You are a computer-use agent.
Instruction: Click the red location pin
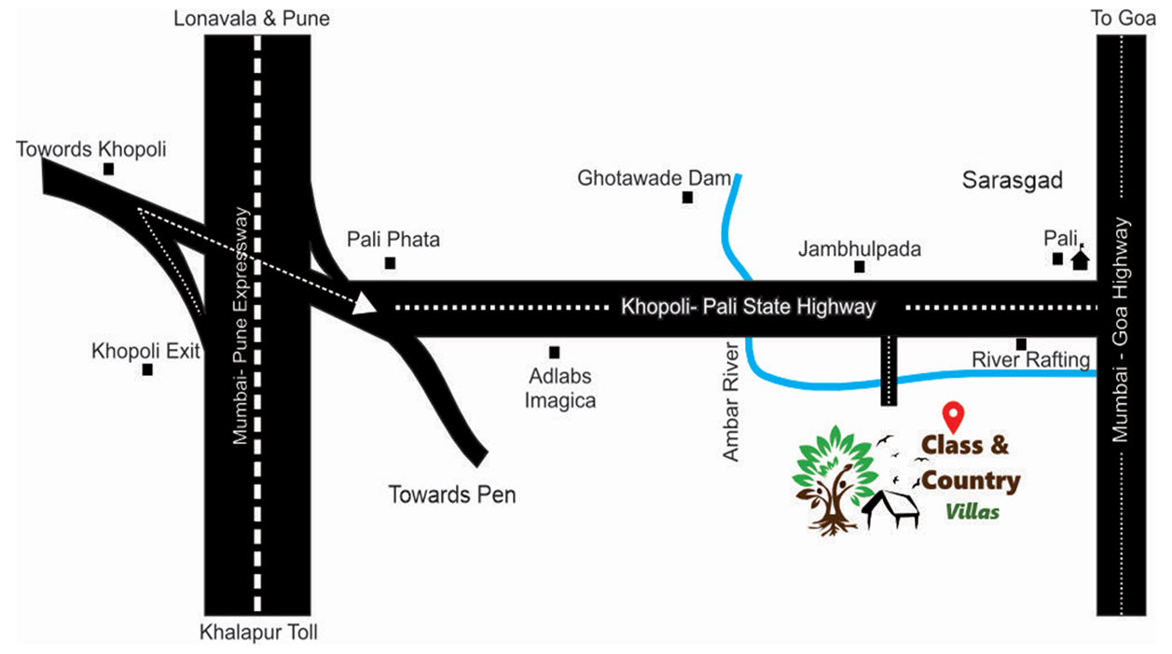click(x=952, y=414)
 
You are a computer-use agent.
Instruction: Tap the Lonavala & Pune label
click(x=252, y=19)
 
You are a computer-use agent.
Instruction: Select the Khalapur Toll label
click(x=258, y=633)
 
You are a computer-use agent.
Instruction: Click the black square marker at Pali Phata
click(x=390, y=263)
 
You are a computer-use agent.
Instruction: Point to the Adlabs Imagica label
click(x=559, y=389)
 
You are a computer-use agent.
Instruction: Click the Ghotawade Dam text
click(x=654, y=177)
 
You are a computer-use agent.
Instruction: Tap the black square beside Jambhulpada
click(x=860, y=267)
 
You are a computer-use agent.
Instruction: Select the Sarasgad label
click(x=1013, y=181)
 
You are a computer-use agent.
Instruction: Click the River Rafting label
click(x=1030, y=359)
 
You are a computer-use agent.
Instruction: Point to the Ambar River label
click(x=732, y=401)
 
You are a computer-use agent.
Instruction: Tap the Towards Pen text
click(x=452, y=494)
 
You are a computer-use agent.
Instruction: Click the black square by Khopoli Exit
click(x=147, y=369)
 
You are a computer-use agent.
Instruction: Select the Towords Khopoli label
click(x=91, y=149)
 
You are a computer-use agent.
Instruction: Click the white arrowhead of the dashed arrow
click(x=365, y=303)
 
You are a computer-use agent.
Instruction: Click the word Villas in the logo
click(x=972, y=511)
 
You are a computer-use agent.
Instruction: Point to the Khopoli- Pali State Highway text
click(x=749, y=306)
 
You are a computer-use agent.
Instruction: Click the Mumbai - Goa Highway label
click(x=1122, y=330)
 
